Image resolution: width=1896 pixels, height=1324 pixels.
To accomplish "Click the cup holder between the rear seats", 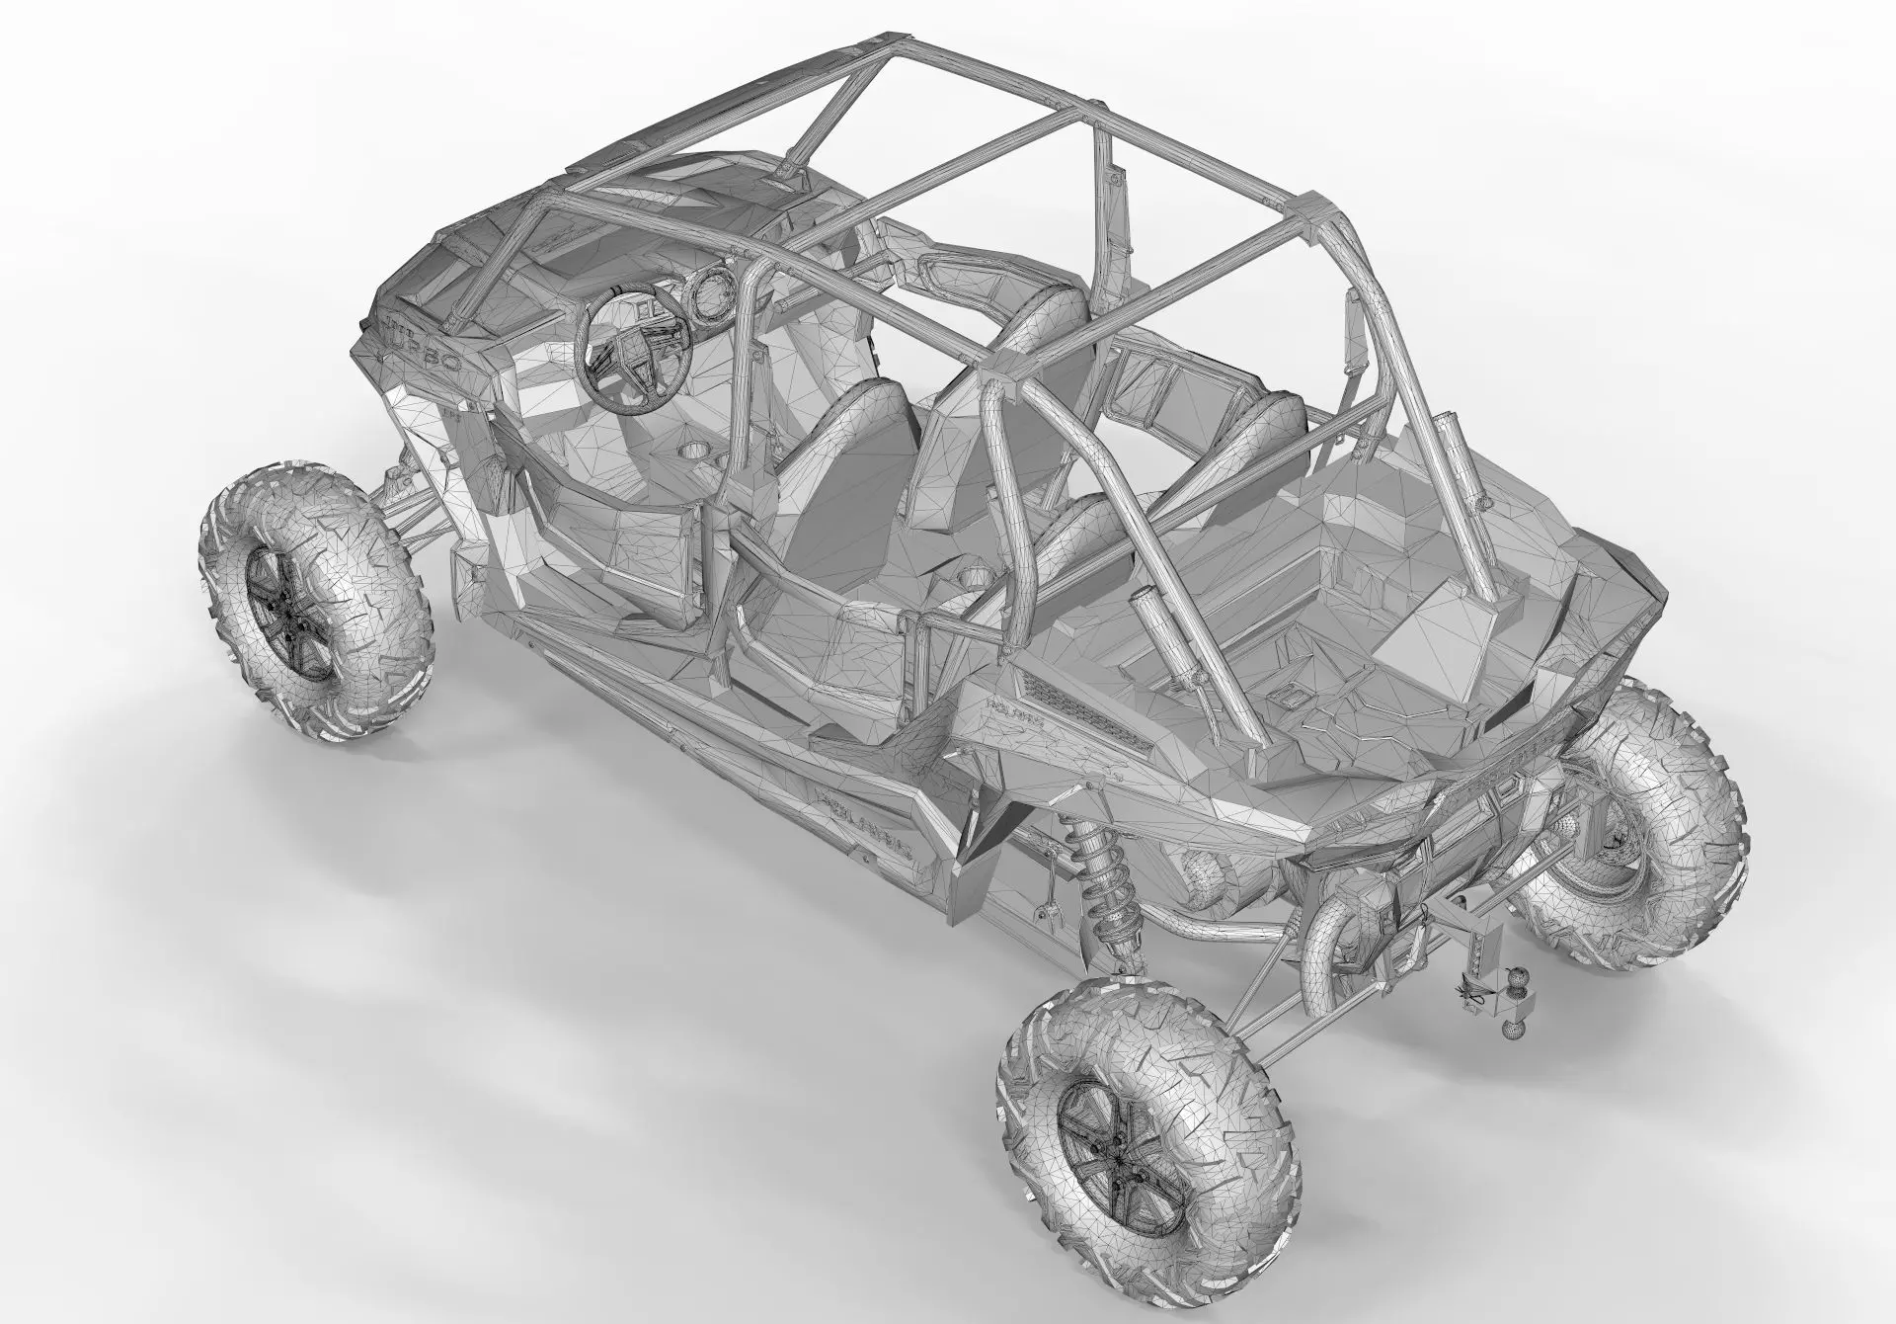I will tap(975, 576).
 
